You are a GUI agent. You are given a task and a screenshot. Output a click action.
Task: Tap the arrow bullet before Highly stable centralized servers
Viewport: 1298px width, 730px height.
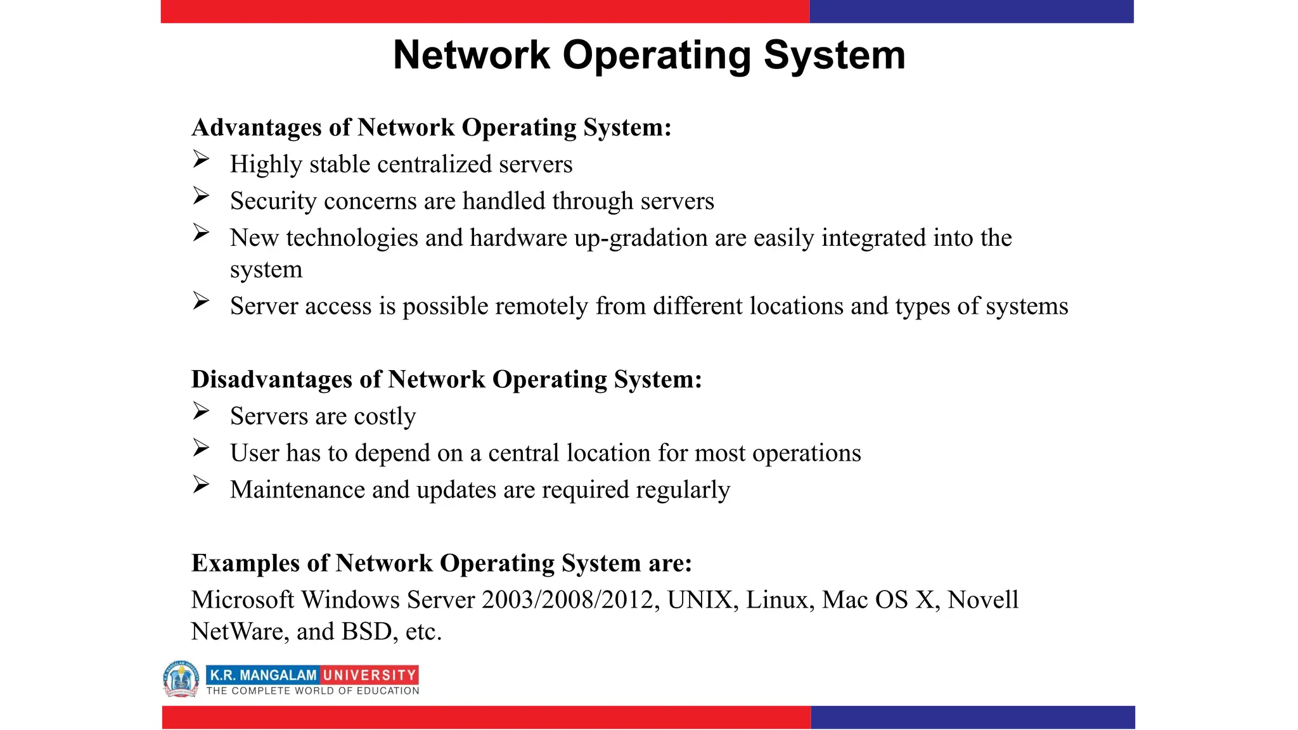point(201,159)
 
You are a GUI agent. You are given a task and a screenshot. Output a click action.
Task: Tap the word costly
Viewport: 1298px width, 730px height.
point(385,417)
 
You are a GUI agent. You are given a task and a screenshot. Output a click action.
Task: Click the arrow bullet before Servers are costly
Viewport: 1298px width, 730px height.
point(201,411)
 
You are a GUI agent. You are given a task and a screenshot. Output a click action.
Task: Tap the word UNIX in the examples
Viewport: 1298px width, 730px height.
point(702,600)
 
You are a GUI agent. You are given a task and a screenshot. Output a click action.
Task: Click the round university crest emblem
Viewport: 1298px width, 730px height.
point(181,679)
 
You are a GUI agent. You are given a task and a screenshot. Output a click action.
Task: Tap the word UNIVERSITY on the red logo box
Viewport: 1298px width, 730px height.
point(369,675)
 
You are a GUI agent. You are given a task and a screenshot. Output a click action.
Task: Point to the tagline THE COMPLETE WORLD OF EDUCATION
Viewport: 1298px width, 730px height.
point(312,691)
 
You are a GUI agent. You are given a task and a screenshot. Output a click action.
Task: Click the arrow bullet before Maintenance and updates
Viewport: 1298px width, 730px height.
point(201,485)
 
